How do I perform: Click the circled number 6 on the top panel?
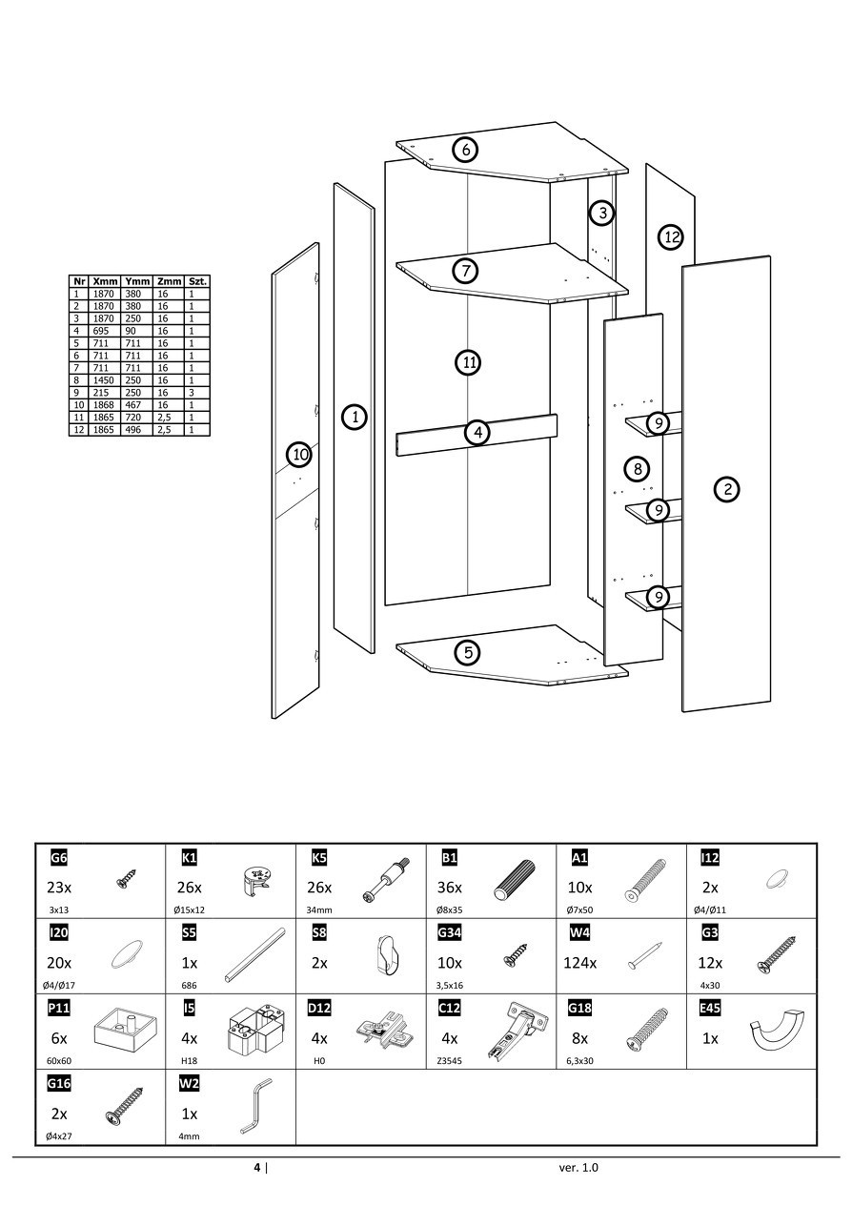point(465,150)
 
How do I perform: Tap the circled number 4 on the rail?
point(477,433)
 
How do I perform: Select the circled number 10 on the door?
point(299,455)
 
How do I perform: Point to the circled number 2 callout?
point(727,489)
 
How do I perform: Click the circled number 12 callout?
point(672,236)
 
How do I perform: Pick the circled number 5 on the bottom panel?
point(467,653)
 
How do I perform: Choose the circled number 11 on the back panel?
point(469,362)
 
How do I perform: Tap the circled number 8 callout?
point(637,468)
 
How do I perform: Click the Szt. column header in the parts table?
point(197,282)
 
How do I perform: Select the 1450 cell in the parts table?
point(105,380)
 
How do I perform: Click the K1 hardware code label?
point(189,858)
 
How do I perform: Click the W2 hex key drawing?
point(255,1107)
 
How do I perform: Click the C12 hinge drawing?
point(515,1033)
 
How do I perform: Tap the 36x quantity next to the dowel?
point(450,888)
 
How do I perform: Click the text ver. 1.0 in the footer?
point(579,1167)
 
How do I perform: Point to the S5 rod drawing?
point(255,954)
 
